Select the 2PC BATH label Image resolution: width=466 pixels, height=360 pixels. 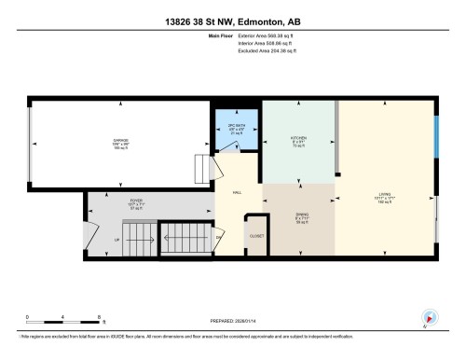(x=238, y=125)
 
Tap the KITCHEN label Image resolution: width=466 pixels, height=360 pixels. (x=299, y=137)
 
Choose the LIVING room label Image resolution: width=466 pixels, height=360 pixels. (x=384, y=194)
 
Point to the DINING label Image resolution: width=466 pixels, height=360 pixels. (x=299, y=215)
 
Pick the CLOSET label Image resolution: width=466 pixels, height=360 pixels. (x=256, y=236)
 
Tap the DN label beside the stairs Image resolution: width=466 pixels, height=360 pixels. (x=220, y=240)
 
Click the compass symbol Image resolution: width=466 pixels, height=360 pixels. (x=430, y=318)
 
